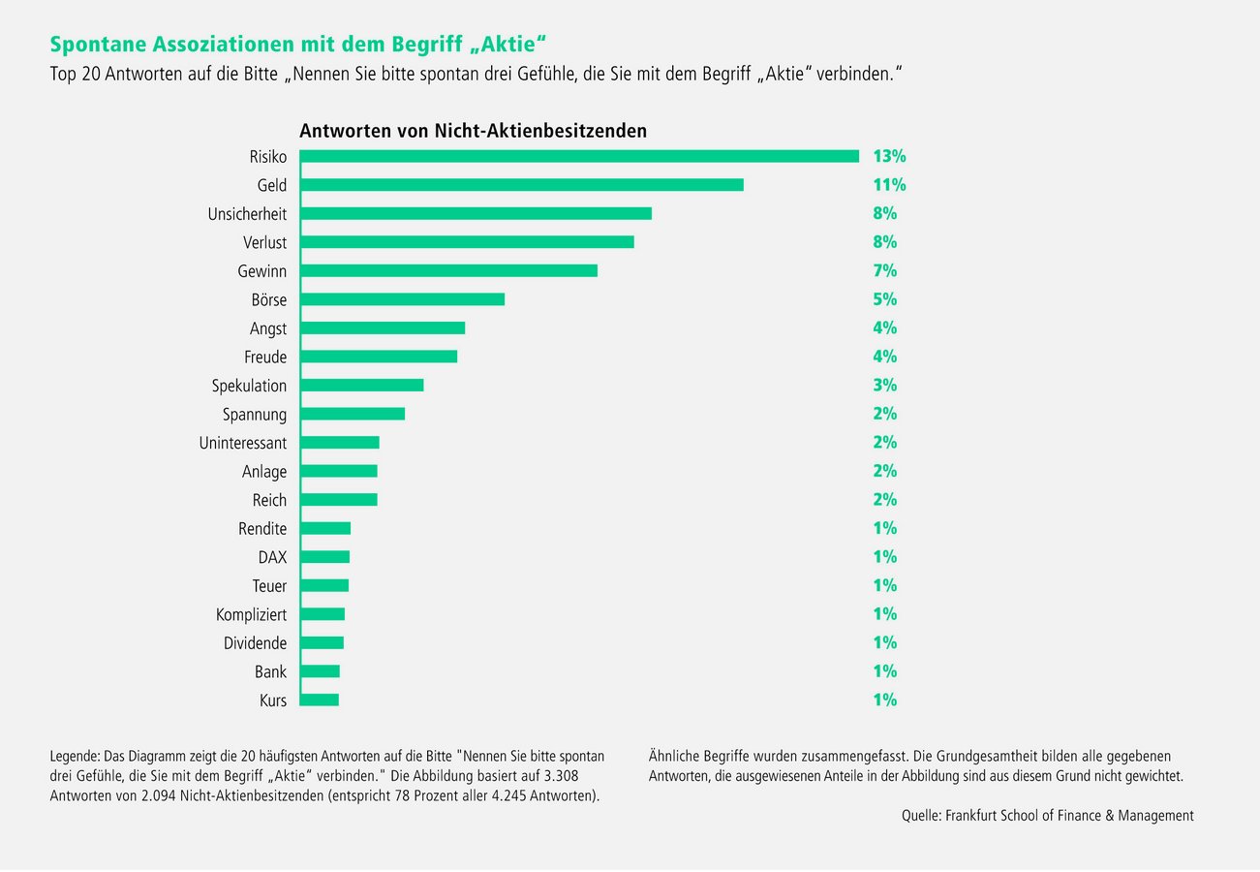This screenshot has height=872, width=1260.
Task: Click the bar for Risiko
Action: [x=579, y=156]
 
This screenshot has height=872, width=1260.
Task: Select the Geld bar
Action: [x=521, y=184]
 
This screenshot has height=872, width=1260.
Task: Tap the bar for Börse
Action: [x=402, y=299]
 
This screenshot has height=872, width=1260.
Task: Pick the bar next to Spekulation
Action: [x=361, y=386]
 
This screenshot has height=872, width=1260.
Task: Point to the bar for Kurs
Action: [x=320, y=700]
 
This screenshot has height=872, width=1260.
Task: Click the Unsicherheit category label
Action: [x=247, y=213]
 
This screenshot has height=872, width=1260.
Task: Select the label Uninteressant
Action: [x=242, y=443]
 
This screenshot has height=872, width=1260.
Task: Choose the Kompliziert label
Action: [x=251, y=614]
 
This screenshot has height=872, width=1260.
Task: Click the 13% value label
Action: [x=889, y=156]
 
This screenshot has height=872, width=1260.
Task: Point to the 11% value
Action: [x=889, y=184]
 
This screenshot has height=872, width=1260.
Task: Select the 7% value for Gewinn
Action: [x=884, y=270]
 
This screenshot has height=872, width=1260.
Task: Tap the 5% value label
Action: [x=884, y=299]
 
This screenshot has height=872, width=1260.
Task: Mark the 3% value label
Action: [x=884, y=386]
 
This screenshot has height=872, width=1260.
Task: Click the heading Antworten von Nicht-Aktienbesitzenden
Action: [x=473, y=130]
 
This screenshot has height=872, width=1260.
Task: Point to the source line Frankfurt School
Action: [x=1047, y=816]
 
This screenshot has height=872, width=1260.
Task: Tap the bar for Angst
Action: [x=383, y=328]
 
